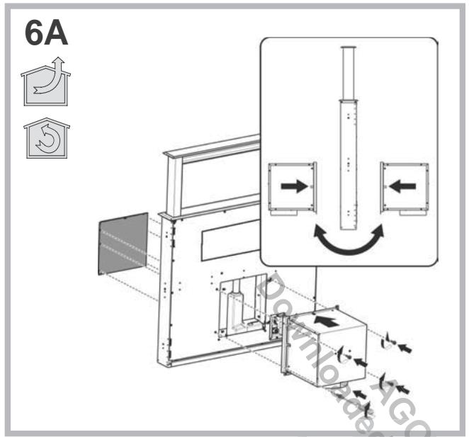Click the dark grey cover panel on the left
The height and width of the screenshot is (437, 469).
123,243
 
